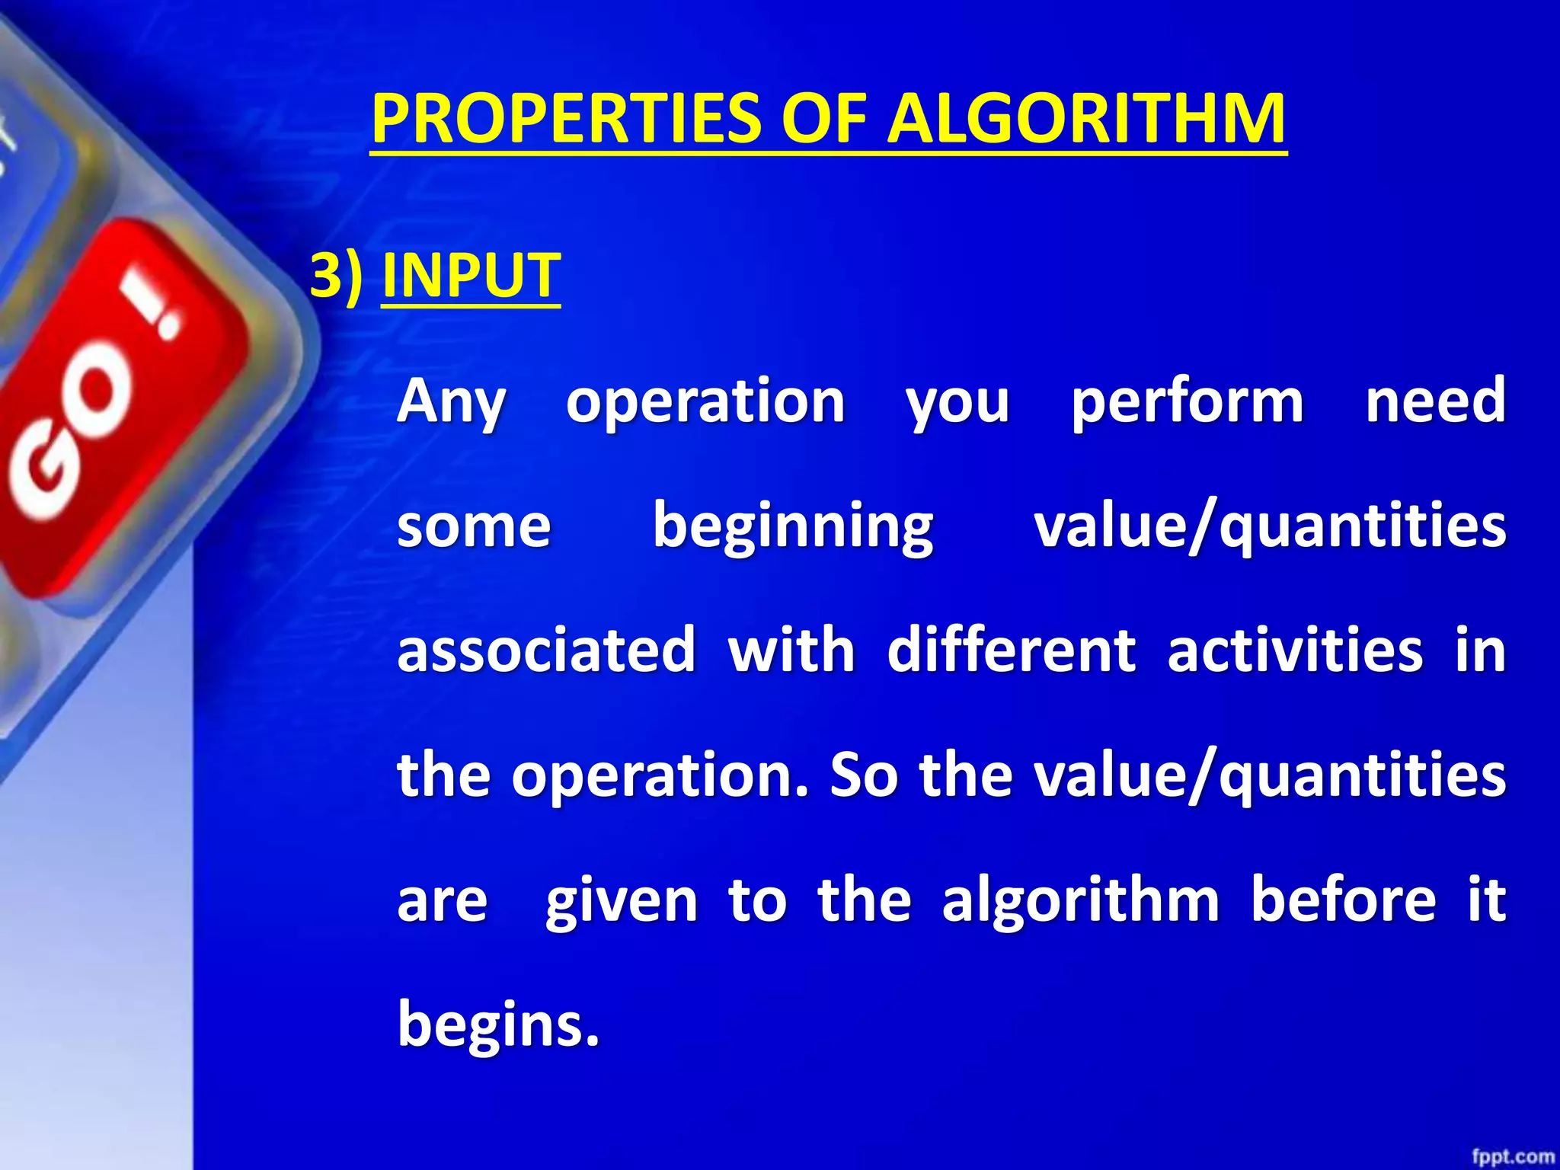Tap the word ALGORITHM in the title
point(1087,120)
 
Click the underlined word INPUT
point(471,275)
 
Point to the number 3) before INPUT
point(336,275)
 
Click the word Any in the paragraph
point(451,401)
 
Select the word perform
point(1187,401)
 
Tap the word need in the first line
point(1435,401)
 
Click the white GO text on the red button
point(72,427)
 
